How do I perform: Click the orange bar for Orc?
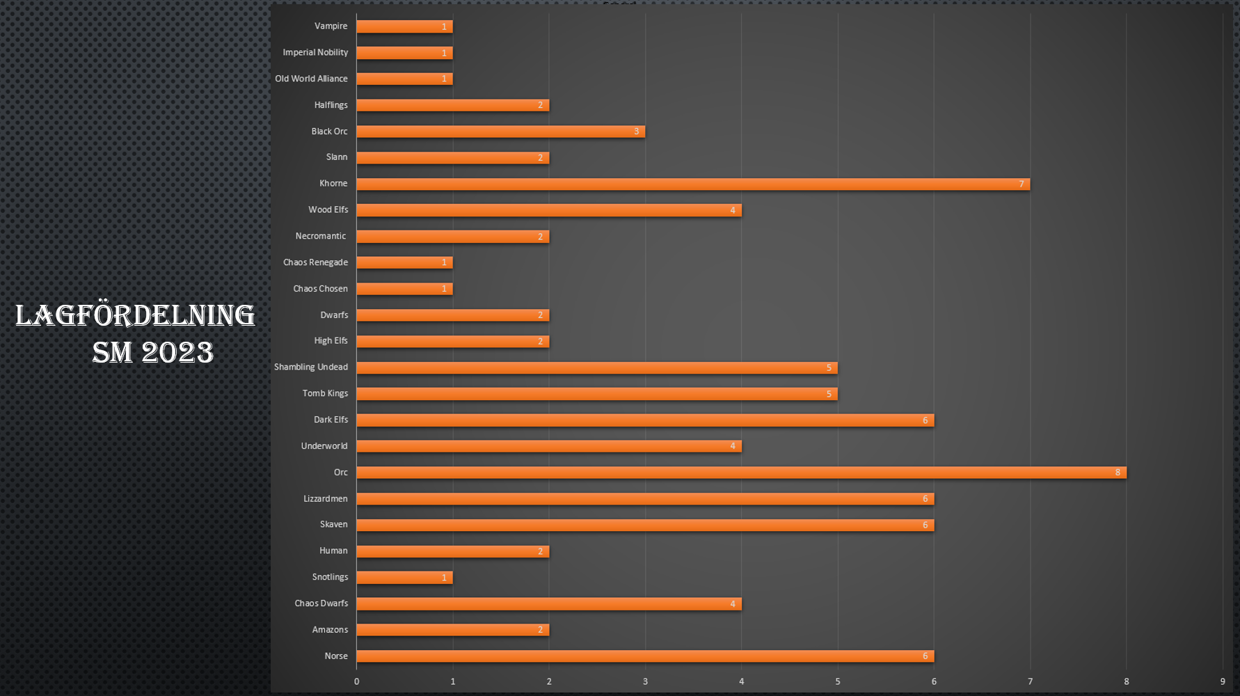coord(741,473)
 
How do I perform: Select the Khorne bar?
coord(693,184)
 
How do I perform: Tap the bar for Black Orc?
coord(500,132)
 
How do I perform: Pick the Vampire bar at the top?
coord(404,26)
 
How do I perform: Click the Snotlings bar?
coord(404,578)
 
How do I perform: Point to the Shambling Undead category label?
coord(310,367)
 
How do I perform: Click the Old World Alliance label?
coord(311,79)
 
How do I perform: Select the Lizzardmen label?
coord(325,499)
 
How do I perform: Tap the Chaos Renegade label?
coord(315,262)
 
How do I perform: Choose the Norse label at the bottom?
coord(335,656)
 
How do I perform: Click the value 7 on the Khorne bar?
coord(1021,184)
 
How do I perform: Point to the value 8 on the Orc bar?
coord(1118,473)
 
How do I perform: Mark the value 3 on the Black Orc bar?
coord(636,132)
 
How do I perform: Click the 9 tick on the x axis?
coord(1222,681)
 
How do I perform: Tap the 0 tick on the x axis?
coord(356,681)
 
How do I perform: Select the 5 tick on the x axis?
coord(837,681)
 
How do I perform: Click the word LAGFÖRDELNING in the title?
coord(135,316)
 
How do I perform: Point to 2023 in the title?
coord(177,352)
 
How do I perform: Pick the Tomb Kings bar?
coord(596,394)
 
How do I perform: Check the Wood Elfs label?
coord(328,210)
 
